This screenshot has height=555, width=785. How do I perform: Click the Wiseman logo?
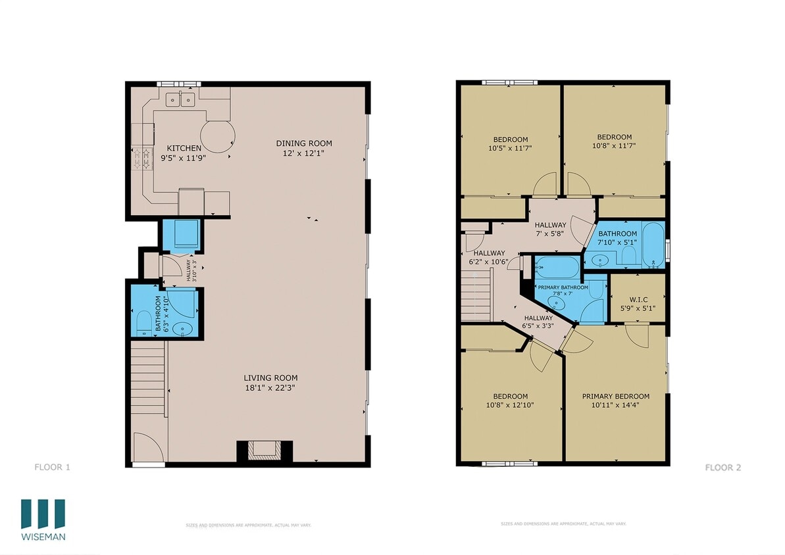43,519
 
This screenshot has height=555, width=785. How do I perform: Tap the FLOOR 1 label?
52,468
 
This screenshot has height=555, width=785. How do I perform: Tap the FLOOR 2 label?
722,468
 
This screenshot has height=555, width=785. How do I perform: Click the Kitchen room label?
184,148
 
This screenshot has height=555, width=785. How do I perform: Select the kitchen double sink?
181,100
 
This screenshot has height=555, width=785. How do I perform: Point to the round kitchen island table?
217,136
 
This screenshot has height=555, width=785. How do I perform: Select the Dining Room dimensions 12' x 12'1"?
303,153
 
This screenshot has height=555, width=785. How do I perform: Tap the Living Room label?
270,377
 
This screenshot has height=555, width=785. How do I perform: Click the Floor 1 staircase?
147,377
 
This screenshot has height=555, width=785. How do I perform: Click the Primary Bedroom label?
615,396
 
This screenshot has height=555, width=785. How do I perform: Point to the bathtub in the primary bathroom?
556,267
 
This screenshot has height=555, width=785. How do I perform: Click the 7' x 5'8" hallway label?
550,229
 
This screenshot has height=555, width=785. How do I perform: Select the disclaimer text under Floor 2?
563,524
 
